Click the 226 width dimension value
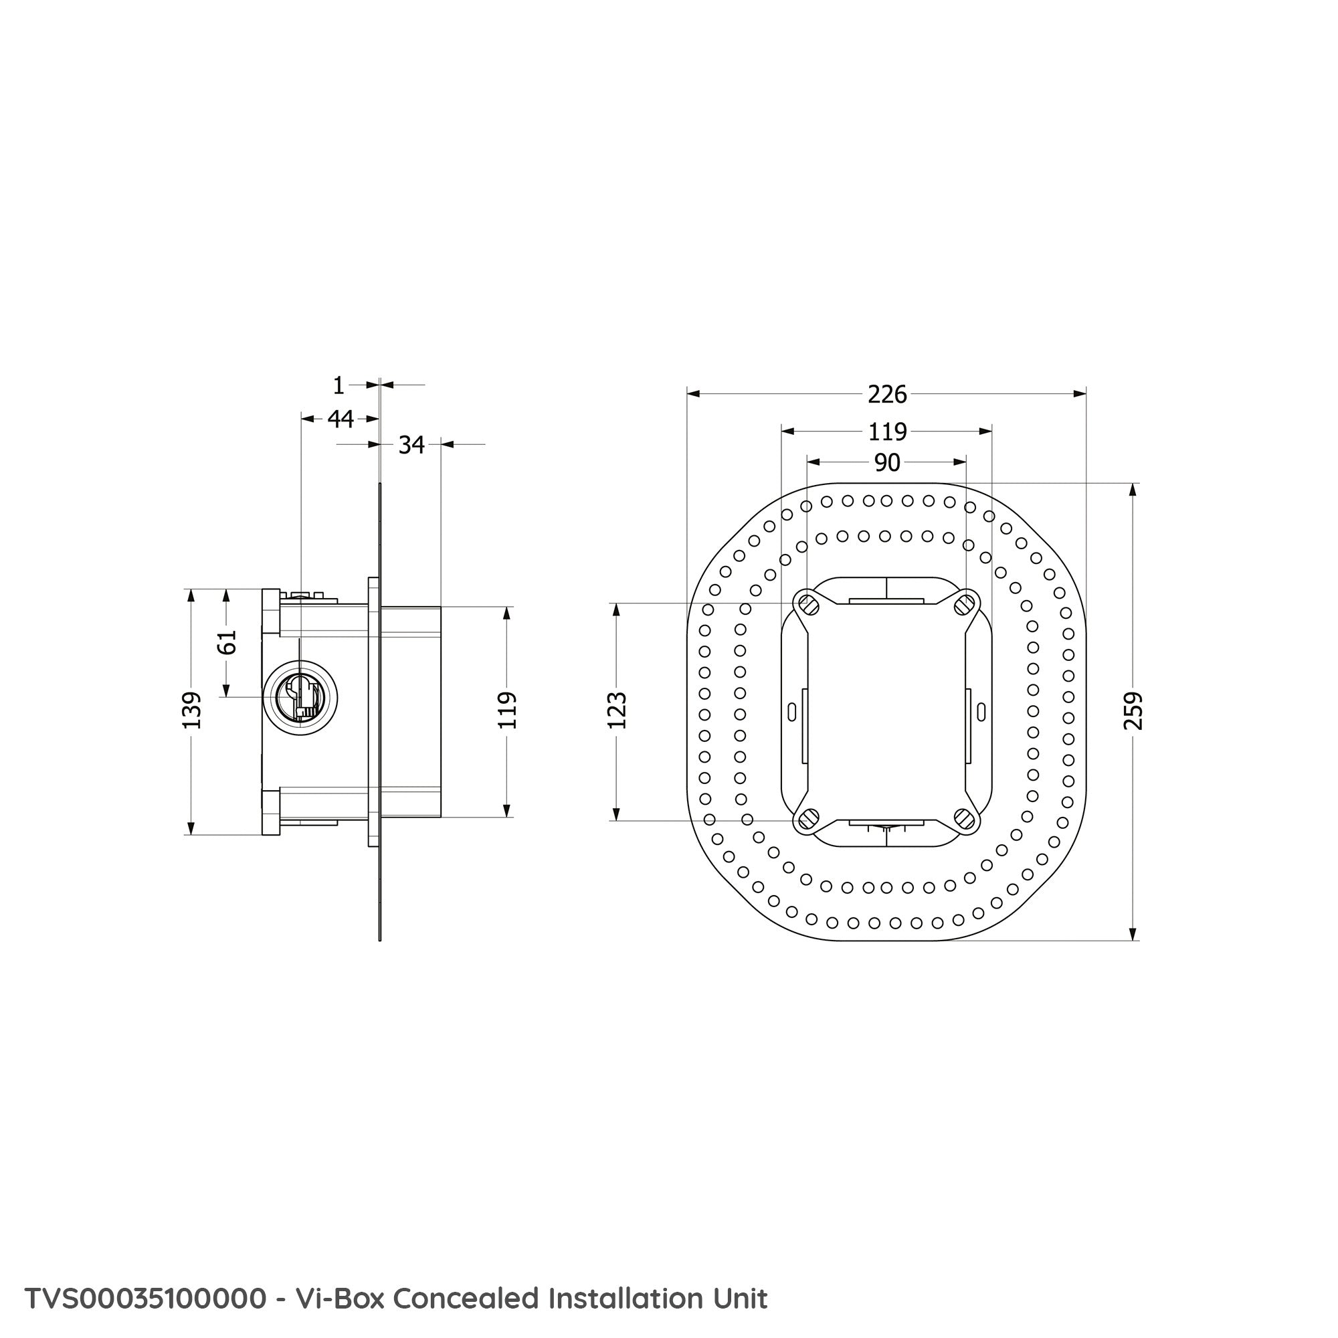[887, 394]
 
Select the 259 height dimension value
[1133, 710]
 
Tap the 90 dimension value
[887, 462]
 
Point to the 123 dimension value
[616, 710]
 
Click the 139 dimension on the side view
[191, 710]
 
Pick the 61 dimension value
[227, 642]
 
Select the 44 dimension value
[340, 419]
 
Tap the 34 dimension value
[411, 445]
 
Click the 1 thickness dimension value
[338, 385]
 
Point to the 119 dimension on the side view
[507, 710]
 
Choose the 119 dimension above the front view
[887, 432]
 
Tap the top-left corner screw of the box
[807, 605]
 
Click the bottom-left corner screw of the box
[807, 820]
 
